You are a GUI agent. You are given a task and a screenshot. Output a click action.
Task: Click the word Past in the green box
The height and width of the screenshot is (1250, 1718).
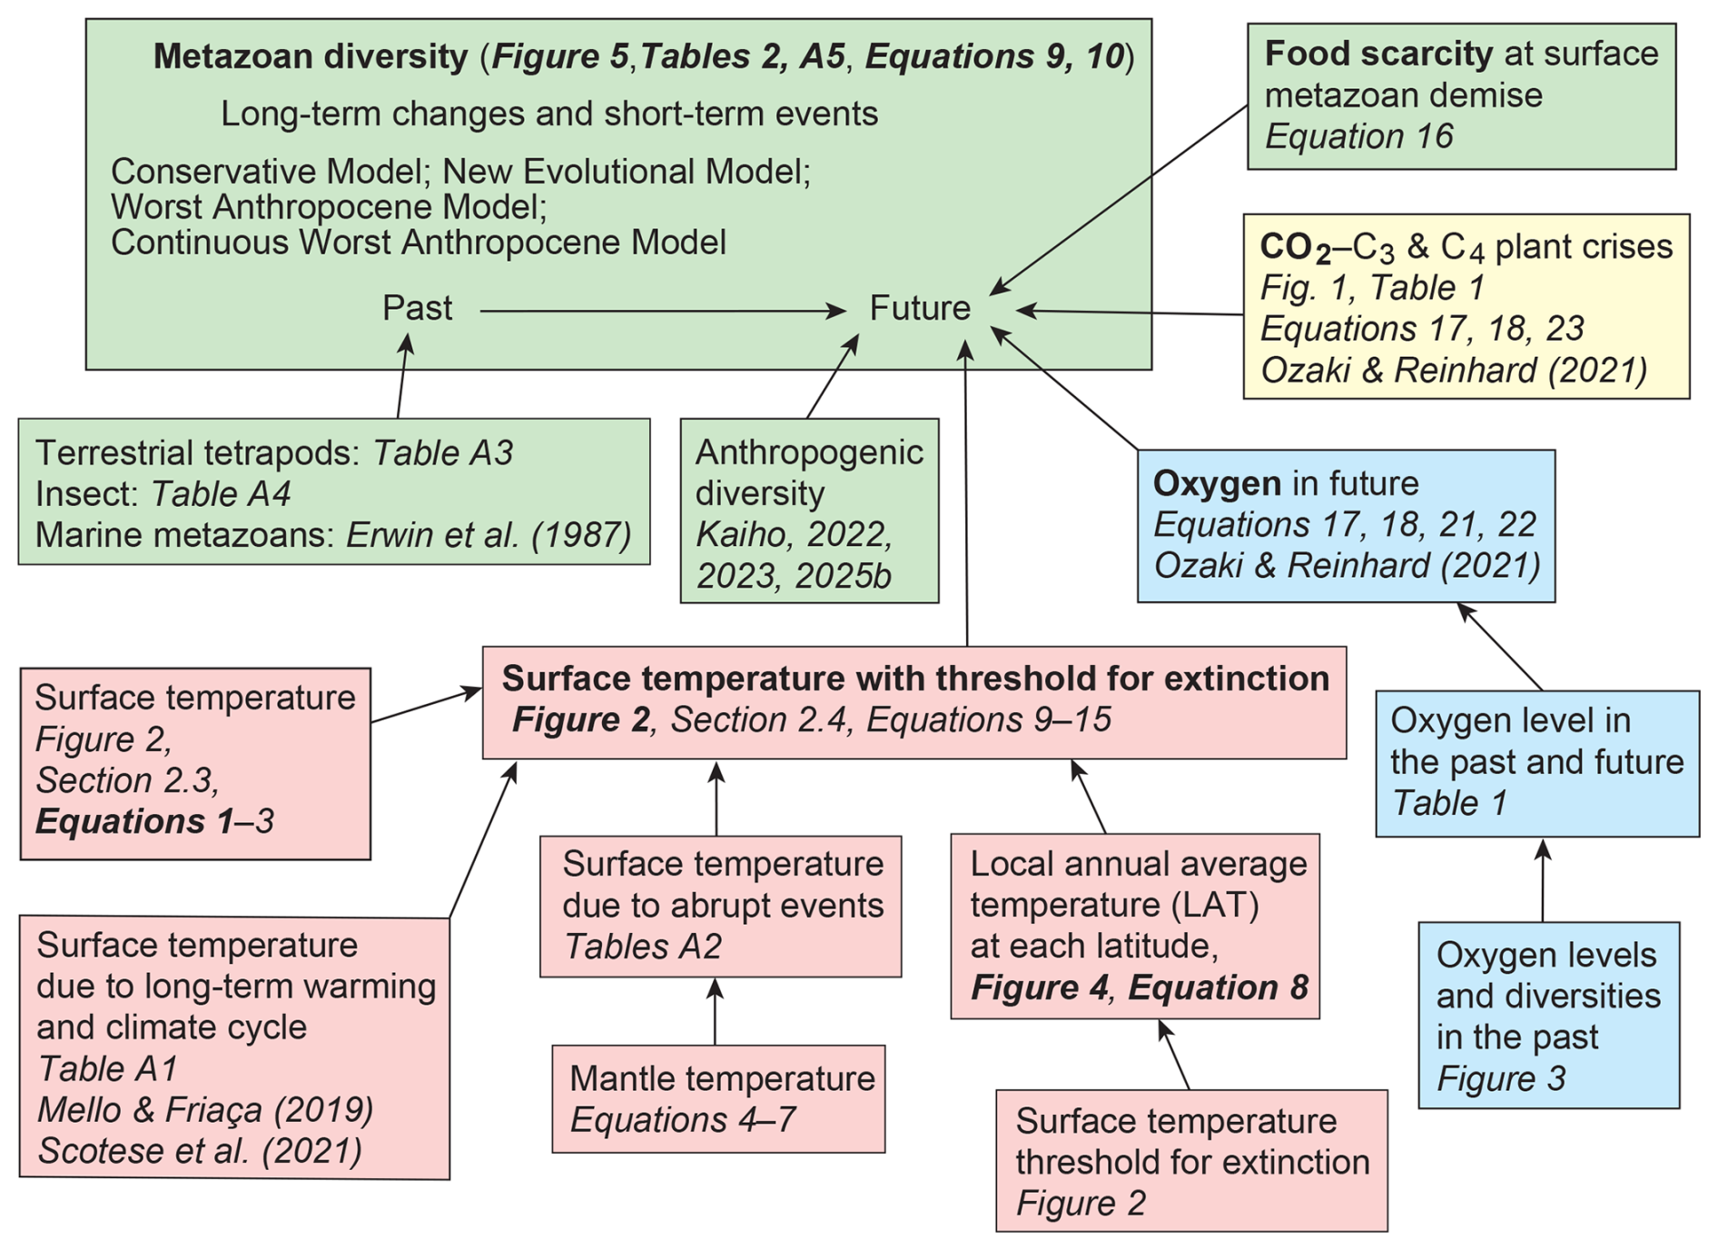pyautogui.click(x=417, y=309)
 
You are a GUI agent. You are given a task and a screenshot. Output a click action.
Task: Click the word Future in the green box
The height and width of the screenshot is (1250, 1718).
pyautogui.click(x=920, y=309)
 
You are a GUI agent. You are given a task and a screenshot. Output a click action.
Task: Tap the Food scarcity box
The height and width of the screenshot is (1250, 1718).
pyautogui.click(x=1460, y=96)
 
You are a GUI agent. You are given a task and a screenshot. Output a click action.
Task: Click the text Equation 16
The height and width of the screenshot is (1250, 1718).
pyautogui.click(x=1358, y=136)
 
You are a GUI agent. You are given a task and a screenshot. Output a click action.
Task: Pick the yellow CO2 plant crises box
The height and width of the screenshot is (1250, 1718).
pyautogui.click(x=1466, y=307)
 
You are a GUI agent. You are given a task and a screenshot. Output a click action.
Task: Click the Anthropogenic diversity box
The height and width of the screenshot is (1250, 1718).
pyautogui.click(x=809, y=511)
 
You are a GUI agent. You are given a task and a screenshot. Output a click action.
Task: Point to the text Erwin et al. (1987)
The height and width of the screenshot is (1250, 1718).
pyautogui.click(x=489, y=535)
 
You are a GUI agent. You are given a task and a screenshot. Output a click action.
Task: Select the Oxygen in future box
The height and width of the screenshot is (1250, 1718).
pyautogui.click(x=1346, y=526)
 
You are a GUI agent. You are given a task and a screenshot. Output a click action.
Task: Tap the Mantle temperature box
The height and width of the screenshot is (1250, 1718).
pyautogui.click(x=718, y=1098)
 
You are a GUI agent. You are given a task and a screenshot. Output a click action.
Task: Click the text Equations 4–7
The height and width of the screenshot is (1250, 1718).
pyautogui.click(x=683, y=1119)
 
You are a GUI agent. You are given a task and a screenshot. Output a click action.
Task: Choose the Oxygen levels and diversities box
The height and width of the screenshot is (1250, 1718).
pyautogui.click(x=1548, y=1015)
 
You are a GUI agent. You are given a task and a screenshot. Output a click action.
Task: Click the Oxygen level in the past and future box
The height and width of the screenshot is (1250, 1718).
pyautogui.click(x=1536, y=763)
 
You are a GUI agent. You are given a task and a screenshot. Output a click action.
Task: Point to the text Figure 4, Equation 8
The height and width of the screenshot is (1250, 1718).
pyautogui.click(x=1139, y=987)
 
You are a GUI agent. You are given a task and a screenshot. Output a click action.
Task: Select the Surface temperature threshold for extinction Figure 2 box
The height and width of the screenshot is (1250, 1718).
pyautogui.click(x=1191, y=1161)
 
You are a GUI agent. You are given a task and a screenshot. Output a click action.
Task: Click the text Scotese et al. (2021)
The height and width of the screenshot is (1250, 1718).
pyautogui.click(x=200, y=1151)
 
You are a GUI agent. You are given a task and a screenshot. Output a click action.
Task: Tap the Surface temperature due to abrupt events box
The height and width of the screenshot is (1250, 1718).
pyautogui.click(x=720, y=906)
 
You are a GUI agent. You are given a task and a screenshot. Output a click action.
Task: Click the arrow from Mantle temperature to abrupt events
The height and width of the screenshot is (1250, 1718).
pyautogui.click(x=716, y=1011)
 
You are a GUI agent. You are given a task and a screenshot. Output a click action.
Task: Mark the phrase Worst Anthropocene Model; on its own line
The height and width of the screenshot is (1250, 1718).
pyautogui.click(x=329, y=207)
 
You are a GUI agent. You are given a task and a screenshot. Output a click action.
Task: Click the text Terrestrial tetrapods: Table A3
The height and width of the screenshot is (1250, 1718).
pyautogui.click(x=273, y=452)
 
